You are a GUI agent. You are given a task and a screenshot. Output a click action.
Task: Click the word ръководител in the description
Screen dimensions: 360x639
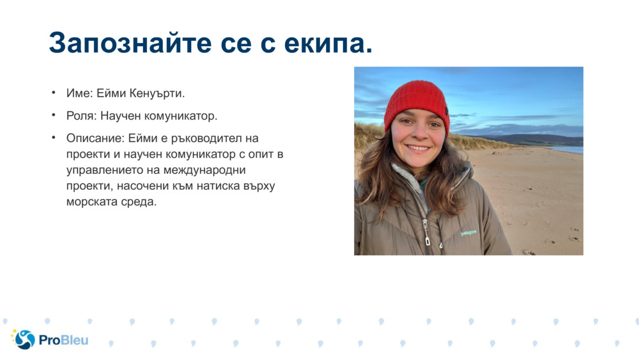210,138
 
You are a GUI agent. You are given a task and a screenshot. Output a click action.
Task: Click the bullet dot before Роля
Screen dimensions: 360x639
54,116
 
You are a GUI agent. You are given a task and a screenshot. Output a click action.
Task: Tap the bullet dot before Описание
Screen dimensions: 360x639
54,137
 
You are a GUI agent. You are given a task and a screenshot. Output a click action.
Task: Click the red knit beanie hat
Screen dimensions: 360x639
417,100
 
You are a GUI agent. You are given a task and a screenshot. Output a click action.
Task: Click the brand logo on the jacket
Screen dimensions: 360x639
468,233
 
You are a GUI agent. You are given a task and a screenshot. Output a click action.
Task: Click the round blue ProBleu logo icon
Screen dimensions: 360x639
24,340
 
